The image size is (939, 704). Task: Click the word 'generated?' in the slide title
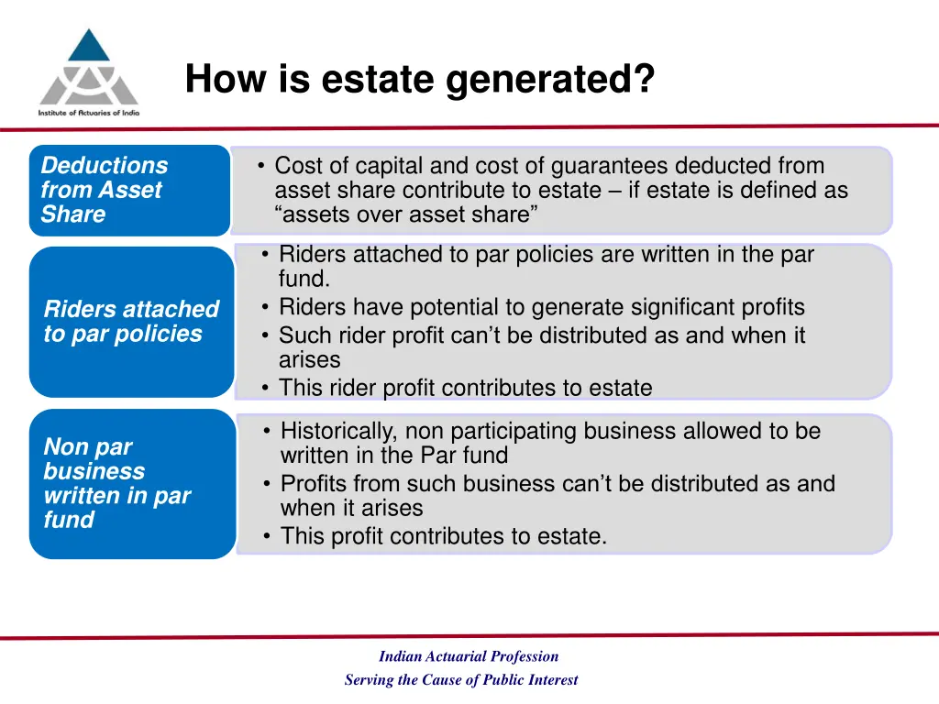point(550,79)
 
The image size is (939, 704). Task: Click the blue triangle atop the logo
point(89,46)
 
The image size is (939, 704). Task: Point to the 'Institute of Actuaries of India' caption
point(88,112)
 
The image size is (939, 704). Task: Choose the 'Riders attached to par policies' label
point(131,321)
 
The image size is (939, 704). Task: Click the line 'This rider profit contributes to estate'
point(465,388)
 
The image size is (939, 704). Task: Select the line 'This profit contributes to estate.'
point(444,536)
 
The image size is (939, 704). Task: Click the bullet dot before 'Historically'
point(267,431)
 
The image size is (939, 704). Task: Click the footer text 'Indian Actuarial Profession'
point(468,656)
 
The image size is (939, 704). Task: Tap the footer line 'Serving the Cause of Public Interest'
point(461,680)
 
